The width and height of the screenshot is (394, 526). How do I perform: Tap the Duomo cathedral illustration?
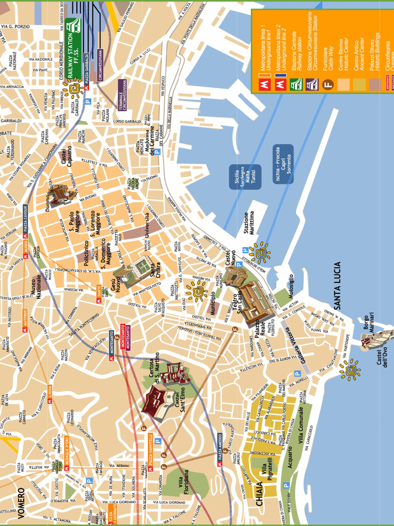click(60, 195)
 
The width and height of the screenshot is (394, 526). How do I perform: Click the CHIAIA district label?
click(260, 493)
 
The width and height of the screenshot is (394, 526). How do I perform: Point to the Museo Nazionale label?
click(35, 285)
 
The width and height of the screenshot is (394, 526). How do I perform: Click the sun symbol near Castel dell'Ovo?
click(350, 370)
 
